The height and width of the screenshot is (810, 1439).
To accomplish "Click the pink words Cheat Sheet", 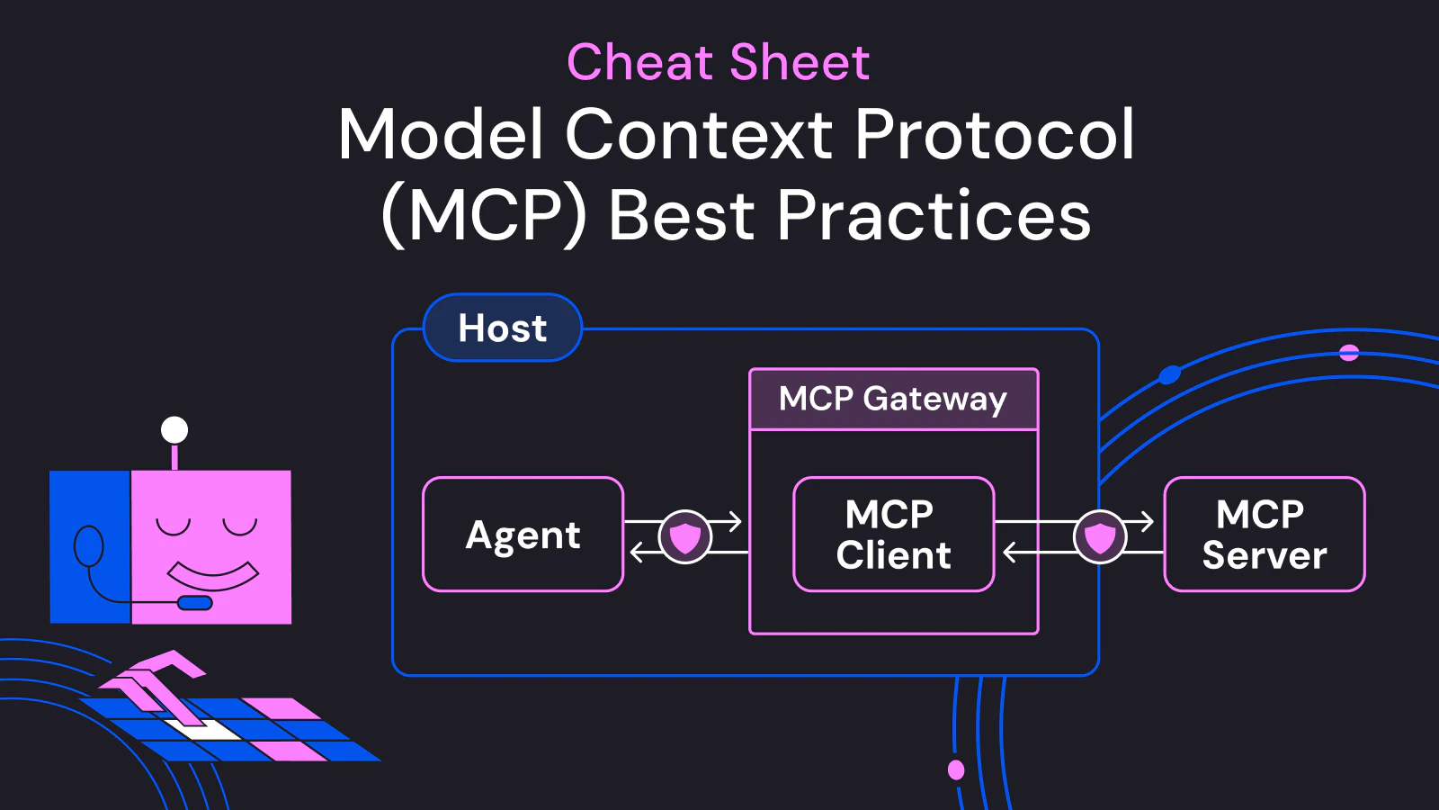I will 718,62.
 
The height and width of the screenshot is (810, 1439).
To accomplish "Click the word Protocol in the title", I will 995,135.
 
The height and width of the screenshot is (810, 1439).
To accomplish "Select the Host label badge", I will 503,328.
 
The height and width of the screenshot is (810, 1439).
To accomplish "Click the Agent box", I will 523,535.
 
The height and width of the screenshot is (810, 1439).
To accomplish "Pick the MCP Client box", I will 893,535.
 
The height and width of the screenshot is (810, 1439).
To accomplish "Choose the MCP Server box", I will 1264,535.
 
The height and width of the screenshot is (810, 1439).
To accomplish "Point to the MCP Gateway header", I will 893,399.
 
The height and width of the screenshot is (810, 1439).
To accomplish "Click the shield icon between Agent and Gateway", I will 685,537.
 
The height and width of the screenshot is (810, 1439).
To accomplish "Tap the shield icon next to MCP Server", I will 1100,537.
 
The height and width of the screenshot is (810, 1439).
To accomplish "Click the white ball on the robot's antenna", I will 174,430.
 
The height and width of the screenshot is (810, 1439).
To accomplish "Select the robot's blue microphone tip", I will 195,603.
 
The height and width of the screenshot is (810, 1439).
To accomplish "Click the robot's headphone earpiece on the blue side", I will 88,544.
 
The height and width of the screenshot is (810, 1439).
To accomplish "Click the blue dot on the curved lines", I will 1169,374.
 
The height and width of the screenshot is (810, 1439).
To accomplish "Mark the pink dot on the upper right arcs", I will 1349,352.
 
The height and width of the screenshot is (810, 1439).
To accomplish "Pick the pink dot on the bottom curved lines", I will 956,769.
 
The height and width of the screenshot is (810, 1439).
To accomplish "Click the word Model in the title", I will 441,135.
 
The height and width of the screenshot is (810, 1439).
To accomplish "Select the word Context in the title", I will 699,135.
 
